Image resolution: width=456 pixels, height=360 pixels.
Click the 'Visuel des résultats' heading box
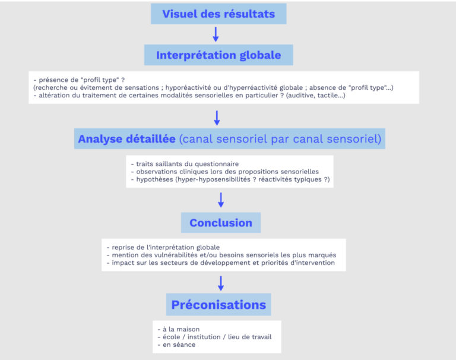tap(218, 14)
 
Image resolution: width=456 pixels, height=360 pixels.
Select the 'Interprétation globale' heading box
tap(218, 55)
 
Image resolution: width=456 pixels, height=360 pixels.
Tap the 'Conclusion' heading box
tap(221, 223)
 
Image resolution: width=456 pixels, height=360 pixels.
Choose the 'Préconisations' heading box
tap(218, 305)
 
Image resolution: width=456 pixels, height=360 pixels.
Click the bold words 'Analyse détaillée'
tap(126, 139)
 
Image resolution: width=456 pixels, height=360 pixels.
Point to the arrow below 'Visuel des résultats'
tap(216, 34)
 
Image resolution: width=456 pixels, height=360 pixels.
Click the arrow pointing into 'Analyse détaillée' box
tap(217, 117)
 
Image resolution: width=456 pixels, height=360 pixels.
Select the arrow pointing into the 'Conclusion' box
tap(221, 200)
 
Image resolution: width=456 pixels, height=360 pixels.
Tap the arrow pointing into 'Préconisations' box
tap(220, 282)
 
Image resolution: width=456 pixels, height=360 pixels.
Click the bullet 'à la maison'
tap(181, 329)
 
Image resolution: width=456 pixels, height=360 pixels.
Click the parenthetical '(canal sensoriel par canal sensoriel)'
tap(279, 139)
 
